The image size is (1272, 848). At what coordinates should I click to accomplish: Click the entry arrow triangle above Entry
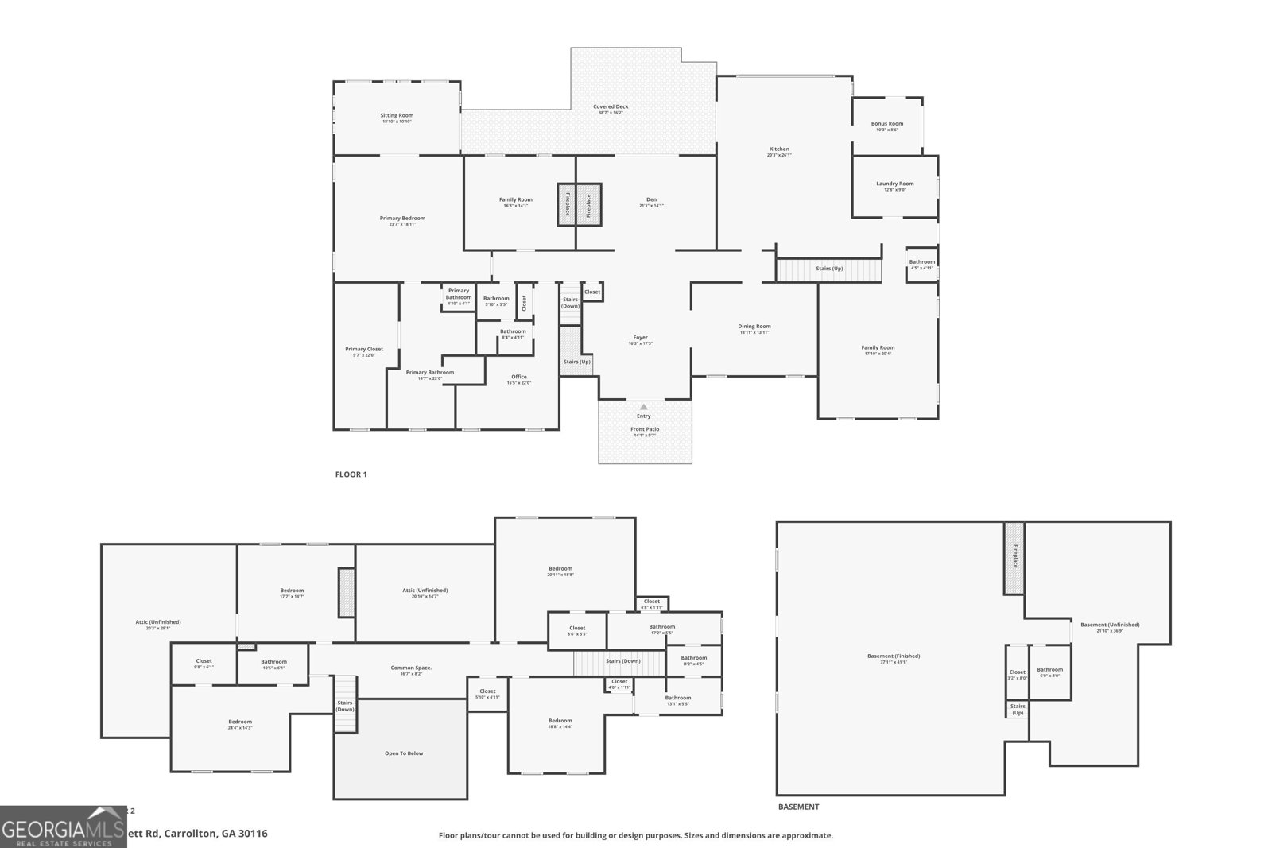click(644, 407)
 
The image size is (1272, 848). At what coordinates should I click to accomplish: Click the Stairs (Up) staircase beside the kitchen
click(829, 269)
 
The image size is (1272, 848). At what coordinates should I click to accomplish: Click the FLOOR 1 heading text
click(351, 474)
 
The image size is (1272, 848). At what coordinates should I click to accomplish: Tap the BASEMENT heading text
click(798, 807)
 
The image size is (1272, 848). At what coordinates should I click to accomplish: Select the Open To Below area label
click(404, 753)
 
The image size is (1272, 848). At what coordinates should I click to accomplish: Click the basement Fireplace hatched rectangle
click(1014, 557)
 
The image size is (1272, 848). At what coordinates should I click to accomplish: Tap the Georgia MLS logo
click(62, 827)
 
